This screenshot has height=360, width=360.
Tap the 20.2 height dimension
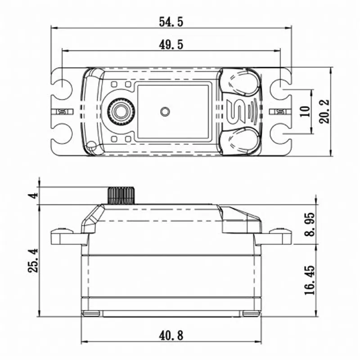click(325, 111)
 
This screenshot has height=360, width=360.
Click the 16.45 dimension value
click(310, 280)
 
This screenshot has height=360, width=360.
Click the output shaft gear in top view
click(119, 110)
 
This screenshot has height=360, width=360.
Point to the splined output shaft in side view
click(120, 195)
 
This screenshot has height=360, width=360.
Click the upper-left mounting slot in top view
click(62, 85)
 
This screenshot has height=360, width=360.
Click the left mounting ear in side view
click(63, 235)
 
